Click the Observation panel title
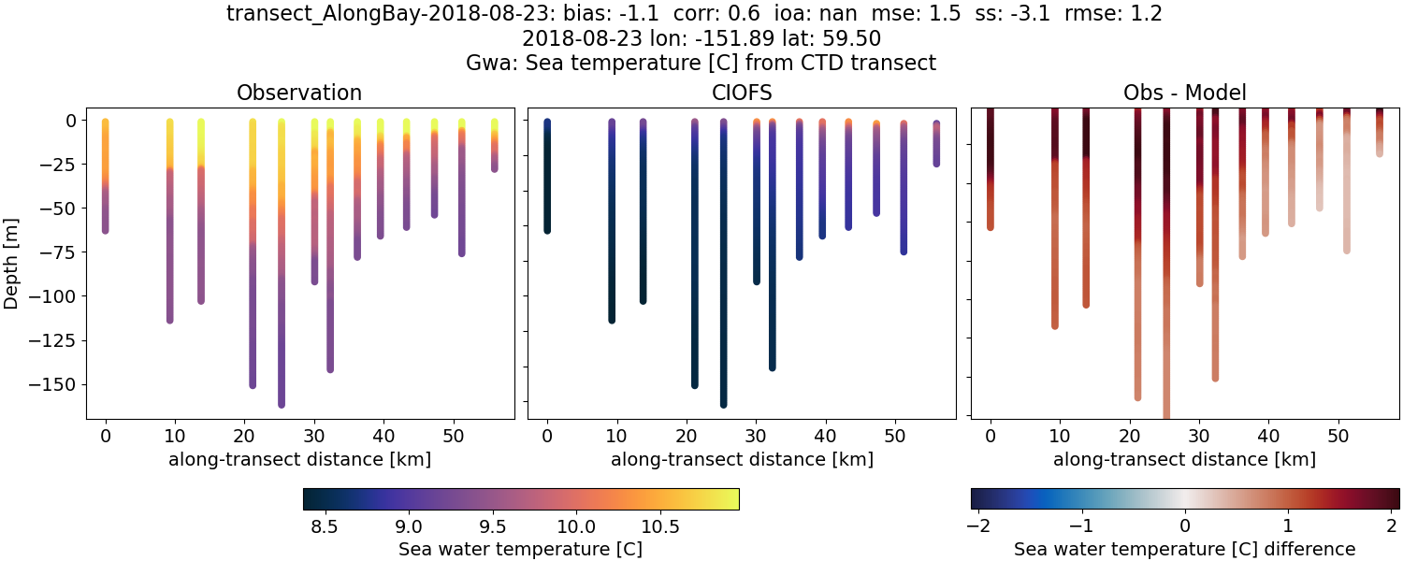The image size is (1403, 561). pyautogui.click(x=299, y=93)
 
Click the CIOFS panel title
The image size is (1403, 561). pyautogui.click(x=742, y=93)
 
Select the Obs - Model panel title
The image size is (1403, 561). pyautogui.click(x=1184, y=93)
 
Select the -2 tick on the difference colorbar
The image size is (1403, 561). pyautogui.click(x=978, y=523)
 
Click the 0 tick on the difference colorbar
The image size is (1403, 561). pyautogui.click(x=1185, y=523)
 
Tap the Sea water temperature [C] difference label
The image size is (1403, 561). pyautogui.click(x=1184, y=549)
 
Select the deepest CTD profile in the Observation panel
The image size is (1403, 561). pyautogui.click(x=282, y=280)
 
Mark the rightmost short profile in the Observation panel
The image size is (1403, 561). pyautogui.click(x=495, y=145)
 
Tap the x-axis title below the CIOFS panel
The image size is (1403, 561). pyautogui.click(x=742, y=459)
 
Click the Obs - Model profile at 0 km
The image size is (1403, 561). pyautogui.click(x=991, y=168)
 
